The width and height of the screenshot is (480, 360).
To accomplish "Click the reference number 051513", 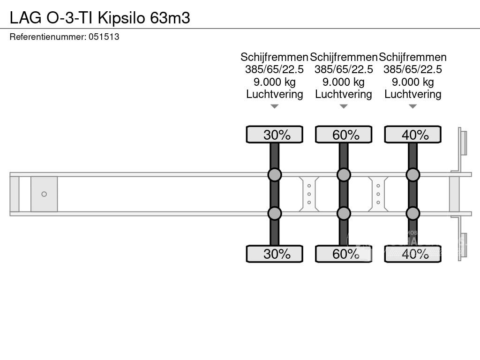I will (x=104, y=37).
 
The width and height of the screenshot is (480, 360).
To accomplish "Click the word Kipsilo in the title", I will (x=123, y=17).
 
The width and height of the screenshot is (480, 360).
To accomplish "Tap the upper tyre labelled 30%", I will (x=275, y=135).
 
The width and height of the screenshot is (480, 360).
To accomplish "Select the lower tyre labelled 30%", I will (x=275, y=254).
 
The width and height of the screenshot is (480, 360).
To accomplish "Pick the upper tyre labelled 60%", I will (x=344, y=135).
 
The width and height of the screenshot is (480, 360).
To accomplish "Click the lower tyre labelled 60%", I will (x=344, y=254).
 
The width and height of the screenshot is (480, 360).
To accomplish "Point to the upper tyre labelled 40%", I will (x=413, y=135).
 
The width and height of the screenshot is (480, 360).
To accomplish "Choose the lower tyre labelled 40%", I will (x=413, y=254).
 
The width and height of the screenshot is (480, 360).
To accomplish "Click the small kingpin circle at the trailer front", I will (x=44, y=194).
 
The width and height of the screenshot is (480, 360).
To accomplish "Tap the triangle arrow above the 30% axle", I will (x=275, y=106).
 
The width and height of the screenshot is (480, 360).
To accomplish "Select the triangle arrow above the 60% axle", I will (x=344, y=106).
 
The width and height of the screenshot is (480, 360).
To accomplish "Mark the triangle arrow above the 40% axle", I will (x=413, y=106).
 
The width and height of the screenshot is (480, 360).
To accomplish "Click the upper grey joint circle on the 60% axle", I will (x=344, y=175).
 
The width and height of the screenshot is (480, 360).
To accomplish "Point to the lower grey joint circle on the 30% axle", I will (x=275, y=213).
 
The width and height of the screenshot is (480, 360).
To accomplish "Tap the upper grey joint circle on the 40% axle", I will (x=413, y=175).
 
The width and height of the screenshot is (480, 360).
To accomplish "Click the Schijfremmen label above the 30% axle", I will (x=274, y=57).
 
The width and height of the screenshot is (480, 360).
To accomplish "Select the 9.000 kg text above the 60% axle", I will (x=344, y=82).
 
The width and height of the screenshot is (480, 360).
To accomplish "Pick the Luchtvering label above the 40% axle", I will (x=413, y=94).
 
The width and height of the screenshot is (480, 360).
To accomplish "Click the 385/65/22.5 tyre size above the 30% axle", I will (x=274, y=69).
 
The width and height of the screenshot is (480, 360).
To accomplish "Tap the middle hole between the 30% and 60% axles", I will (x=309, y=194).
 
